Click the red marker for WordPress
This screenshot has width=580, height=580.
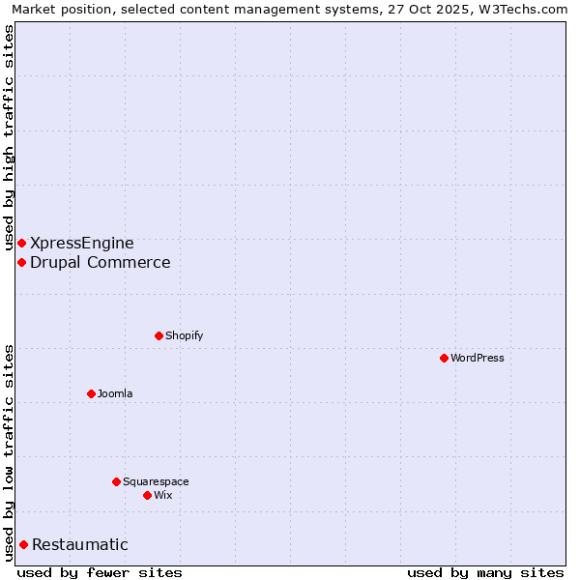[x=444, y=358]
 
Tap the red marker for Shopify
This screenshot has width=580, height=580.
[x=159, y=335]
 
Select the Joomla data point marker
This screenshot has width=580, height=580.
[x=91, y=393]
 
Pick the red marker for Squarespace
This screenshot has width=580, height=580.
[x=116, y=481]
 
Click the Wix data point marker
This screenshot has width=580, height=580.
[x=147, y=495]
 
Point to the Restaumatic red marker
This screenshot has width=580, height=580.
[x=23, y=544]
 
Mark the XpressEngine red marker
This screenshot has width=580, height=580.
[x=21, y=243]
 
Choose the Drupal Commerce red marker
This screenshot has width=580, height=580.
[x=21, y=262]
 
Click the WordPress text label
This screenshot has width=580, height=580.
[x=478, y=358]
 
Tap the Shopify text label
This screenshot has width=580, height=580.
[x=184, y=335]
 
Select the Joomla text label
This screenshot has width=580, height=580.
[x=115, y=393]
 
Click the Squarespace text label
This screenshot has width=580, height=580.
[x=156, y=481]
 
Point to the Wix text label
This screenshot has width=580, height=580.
[x=162, y=495]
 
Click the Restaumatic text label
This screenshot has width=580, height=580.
[x=79, y=544]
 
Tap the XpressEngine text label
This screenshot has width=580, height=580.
[x=82, y=243]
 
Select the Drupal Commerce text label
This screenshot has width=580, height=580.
[x=101, y=262]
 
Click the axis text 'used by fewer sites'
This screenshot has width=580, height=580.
[x=100, y=572]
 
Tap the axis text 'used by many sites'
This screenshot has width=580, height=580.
[x=485, y=572]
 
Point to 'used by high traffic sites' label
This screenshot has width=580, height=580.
[x=9, y=137]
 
